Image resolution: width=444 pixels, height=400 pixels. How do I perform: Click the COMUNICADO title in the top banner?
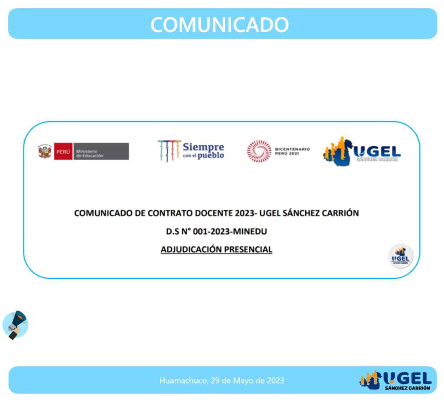click(x=219, y=24)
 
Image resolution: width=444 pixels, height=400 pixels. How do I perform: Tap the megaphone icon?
click(x=16, y=325)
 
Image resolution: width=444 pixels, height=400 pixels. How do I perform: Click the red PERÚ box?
click(x=63, y=152)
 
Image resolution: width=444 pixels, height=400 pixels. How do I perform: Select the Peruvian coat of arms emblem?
click(x=45, y=151)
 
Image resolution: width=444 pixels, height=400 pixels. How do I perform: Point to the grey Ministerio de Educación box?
click(x=101, y=152)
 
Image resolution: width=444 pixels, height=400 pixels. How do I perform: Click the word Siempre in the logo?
click(x=203, y=147)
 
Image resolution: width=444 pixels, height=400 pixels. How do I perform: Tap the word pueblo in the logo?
click(x=211, y=155)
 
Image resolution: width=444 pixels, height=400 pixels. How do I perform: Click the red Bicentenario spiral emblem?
click(x=259, y=151)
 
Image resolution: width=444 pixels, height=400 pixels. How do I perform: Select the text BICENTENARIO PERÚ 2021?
click(x=293, y=151)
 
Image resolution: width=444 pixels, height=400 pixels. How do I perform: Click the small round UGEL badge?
click(x=400, y=256)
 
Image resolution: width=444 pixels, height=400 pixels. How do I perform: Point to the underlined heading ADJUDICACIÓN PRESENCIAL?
click(x=216, y=250)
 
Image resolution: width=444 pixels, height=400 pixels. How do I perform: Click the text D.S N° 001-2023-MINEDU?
click(x=216, y=232)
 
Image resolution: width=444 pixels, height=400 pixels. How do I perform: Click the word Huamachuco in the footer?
click(x=184, y=381)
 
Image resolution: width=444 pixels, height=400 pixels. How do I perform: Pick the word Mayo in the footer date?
click(x=243, y=381)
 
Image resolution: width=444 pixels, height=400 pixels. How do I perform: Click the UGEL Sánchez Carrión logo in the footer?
click(x=395, y=380)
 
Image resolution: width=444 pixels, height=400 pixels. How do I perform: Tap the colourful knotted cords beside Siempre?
click(x=170, y=151)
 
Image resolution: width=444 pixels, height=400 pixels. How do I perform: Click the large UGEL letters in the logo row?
click(x=377, y=152)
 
